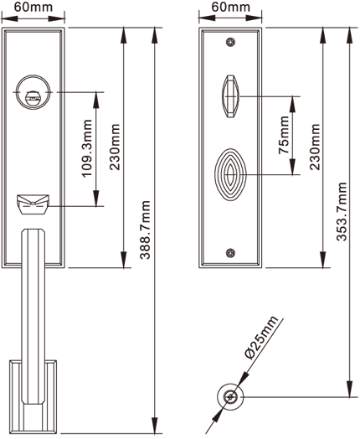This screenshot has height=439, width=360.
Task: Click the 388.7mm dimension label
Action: [x=146, y=230]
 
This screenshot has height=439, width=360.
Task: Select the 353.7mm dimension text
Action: [x=342, y=211]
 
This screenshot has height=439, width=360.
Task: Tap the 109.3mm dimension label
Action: [x=87, y=148]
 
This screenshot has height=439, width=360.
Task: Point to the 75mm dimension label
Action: [x=284, y=135]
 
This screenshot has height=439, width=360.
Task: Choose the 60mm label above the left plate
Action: [x=33, y=7]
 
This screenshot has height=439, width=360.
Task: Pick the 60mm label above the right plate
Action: [x=231, y=7]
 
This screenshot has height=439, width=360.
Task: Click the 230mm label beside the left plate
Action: [x=115, y=147]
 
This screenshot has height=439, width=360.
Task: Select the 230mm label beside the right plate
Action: [x=315, y=147]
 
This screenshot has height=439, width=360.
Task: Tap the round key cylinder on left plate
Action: [x=33, y=92]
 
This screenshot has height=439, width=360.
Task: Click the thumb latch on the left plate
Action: [x=33, y=204]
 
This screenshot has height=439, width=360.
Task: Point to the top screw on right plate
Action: [x=230, y=42]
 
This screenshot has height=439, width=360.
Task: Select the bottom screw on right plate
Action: [x=230, y=253]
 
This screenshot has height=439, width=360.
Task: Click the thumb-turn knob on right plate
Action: [x=230, y=96]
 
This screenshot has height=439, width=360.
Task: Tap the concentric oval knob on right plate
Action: [x=230, y=175]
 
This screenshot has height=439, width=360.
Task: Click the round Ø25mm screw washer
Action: [x=230, y=396]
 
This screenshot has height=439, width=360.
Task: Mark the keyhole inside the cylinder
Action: [x=33, y=98]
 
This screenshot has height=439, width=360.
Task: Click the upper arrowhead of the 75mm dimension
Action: [x=292, y=104]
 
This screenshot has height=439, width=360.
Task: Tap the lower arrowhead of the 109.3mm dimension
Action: [x=96, y=199]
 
